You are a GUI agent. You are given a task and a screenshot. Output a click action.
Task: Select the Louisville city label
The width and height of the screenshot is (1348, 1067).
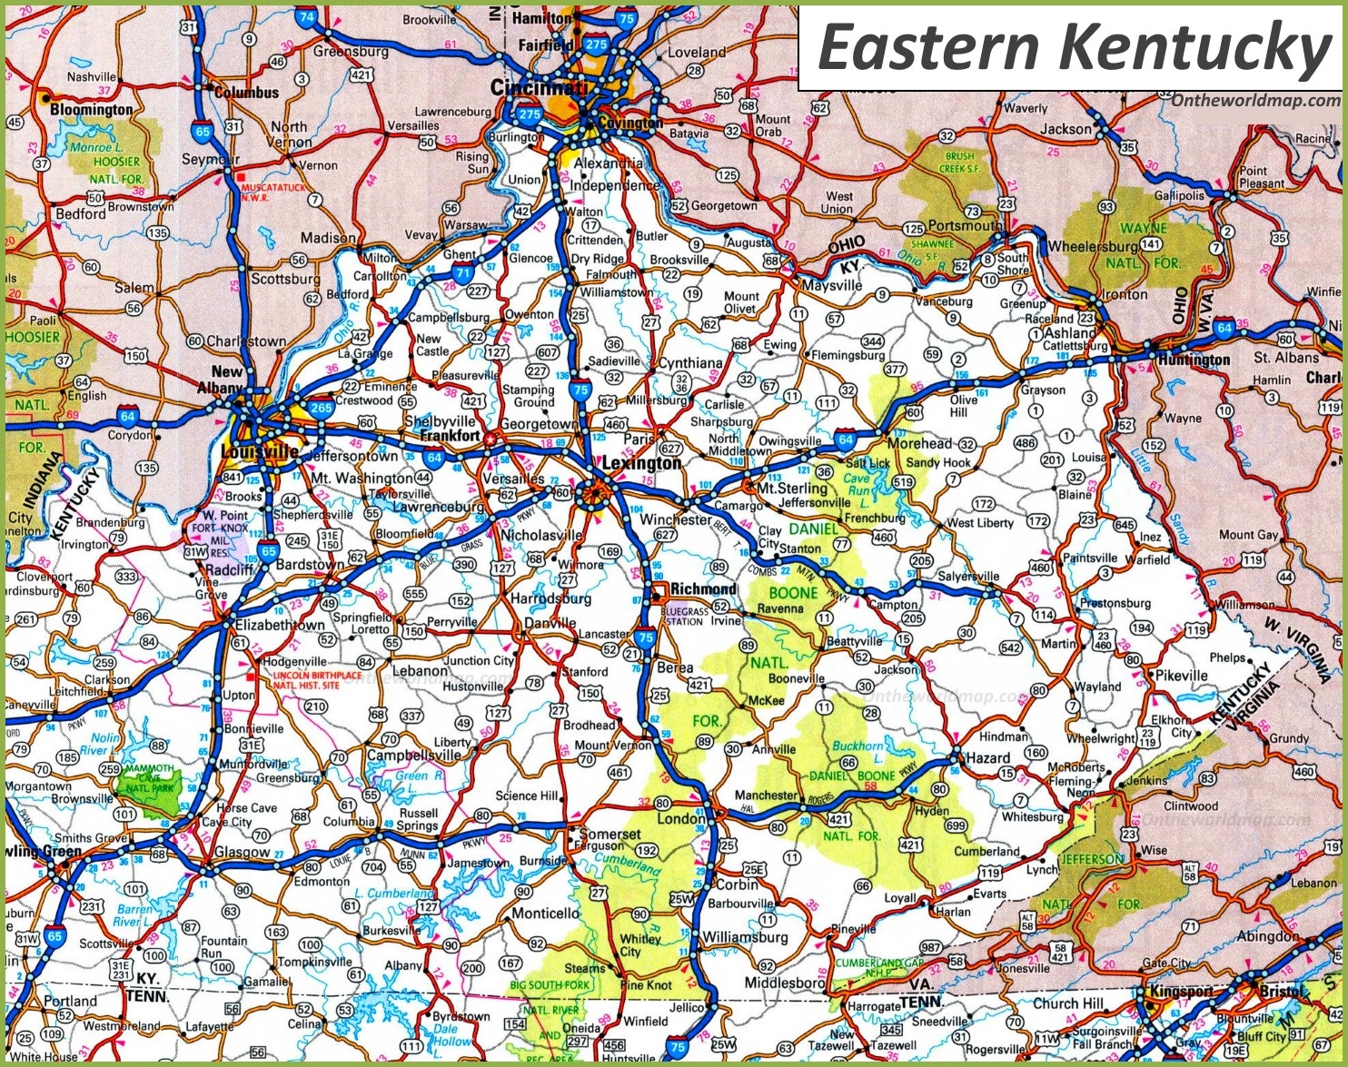(x=258, y=452)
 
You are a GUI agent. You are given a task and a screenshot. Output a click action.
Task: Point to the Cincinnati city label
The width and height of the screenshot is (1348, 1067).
(x=538, y=87)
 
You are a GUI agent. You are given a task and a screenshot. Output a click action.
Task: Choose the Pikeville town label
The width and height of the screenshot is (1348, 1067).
(x=1181, y=676)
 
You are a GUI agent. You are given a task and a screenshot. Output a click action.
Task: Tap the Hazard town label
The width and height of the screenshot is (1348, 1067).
(x=987, y=757)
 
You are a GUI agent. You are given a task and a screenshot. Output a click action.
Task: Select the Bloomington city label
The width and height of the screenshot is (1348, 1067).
(x=91, y=109)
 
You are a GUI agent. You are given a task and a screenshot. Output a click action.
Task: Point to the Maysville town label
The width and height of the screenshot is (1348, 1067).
(x=832, y=285)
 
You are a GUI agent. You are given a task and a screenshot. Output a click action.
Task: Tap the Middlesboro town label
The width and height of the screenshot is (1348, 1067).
(x=784, y=983)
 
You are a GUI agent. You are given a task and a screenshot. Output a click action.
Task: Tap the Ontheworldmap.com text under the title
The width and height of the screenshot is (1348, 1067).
(x=1254, y=100)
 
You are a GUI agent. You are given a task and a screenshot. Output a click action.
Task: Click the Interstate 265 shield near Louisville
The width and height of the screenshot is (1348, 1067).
(x=320, y=409)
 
